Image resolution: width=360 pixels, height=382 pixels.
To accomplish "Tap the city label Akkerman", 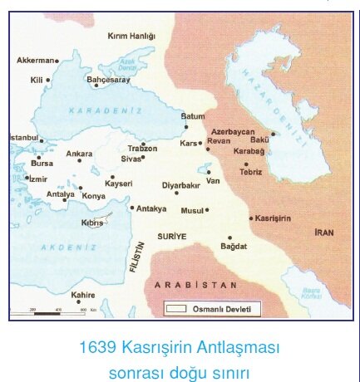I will point(36,61).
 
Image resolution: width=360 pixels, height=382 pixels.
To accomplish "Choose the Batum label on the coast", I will point(192,116).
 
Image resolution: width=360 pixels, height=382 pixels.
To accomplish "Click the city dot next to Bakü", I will point(273,134).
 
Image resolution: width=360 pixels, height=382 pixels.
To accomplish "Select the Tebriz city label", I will point(250,172).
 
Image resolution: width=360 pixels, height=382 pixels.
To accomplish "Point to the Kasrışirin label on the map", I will point(272,218).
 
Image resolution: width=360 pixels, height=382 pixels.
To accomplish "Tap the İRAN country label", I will point(323,233).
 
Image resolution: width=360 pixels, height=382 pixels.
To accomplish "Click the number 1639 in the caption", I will point(96,346).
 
